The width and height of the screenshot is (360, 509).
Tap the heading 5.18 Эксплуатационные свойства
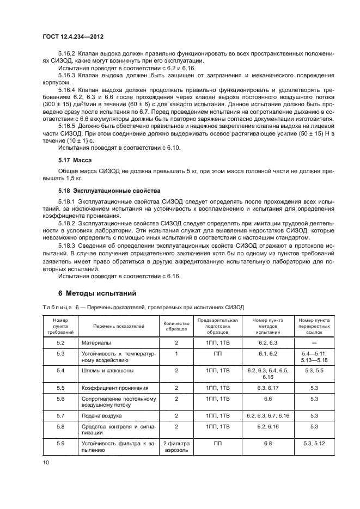[x=109, y=191]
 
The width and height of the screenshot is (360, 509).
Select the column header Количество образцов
[x=176, y=326]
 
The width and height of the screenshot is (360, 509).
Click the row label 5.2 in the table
[x=60, y=343]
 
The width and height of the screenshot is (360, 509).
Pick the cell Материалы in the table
[x=96, y=343]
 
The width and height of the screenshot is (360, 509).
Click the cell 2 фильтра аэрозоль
[x=176, y=447]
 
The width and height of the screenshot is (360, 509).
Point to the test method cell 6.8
[x=267, y=444]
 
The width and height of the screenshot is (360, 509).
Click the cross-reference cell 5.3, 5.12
[x=314, y=444]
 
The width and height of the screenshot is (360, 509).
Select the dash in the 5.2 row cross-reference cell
[x=314, y=344]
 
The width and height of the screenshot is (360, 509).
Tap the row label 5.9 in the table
[x=60, y=444]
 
